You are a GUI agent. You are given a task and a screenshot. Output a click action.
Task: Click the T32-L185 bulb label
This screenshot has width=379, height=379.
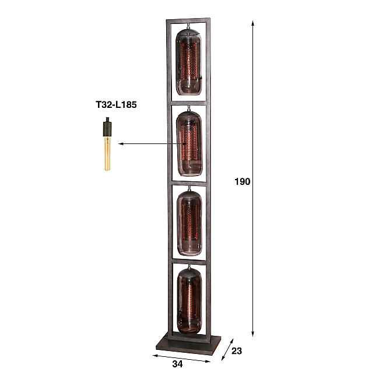pos(116,105)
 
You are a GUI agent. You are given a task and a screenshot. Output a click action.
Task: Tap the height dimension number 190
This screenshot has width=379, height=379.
pos(243,182)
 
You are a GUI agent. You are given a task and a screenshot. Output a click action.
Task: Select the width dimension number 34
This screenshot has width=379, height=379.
pos(178,364)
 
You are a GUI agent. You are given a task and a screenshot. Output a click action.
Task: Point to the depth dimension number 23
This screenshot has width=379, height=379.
pos(236,351)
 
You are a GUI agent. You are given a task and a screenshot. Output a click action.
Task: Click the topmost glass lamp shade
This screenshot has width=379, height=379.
pos(189,60)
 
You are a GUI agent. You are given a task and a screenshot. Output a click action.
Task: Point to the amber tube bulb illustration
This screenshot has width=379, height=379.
pos(107,153)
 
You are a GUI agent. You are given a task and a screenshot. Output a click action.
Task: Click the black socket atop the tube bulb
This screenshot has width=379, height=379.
pos(107,126)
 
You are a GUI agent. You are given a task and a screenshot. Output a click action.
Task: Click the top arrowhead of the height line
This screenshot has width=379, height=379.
pos(253,24)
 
